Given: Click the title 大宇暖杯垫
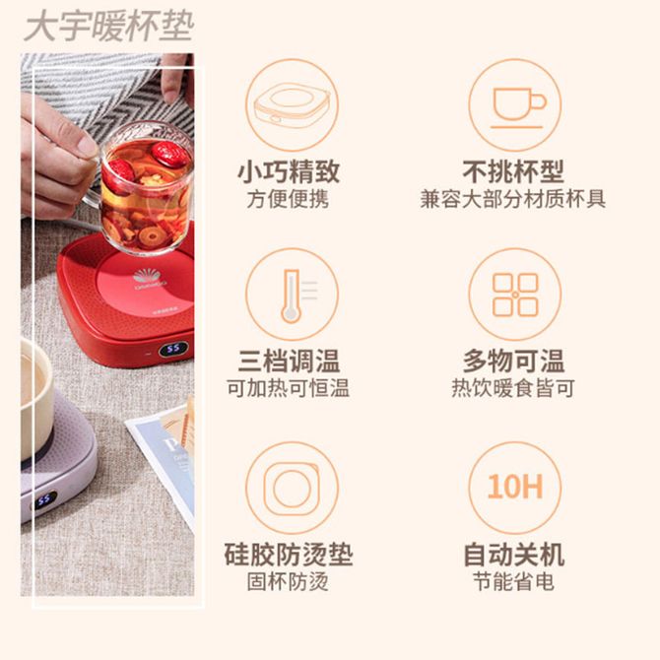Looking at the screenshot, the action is point(109,27).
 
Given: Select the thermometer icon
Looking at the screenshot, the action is point(293,295).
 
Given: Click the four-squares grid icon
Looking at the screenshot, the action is point(515,295).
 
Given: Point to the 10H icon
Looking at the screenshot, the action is point(515,488).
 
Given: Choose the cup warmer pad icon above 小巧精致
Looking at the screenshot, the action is point(293,104).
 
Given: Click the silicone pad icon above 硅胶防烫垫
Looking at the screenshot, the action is point(293,488).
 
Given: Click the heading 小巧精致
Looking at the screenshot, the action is point(289,171).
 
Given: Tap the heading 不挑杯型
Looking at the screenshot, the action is point(513,171).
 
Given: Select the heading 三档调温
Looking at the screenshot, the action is point(289,362).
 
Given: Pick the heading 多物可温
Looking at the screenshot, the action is point(513,362).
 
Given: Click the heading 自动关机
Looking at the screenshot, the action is point(513,555).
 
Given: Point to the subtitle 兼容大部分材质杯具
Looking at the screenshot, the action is point(512,199).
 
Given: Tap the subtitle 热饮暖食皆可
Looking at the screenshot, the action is point(513,388).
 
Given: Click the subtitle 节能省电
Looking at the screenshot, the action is point(513,582).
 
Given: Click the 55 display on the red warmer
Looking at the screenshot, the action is point(173,349).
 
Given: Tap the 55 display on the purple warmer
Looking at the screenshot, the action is point(44,500).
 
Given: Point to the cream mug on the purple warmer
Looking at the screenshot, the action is point(36,399).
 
